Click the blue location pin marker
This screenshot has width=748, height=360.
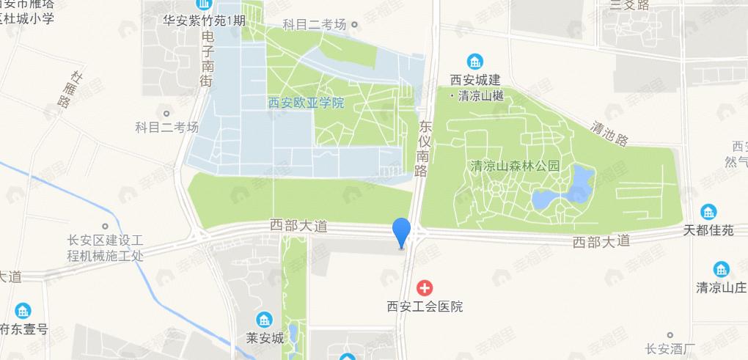(x=401, y=232)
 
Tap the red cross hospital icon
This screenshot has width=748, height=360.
(x=425, y=288)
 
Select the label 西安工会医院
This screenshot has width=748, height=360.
(x=425, y=306)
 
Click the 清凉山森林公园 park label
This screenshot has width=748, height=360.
(x=515, y=166)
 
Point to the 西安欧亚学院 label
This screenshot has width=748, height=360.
(x=306, y=103)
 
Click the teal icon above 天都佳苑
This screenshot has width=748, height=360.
(x=708, y=213)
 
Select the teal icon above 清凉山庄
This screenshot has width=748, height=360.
(x=721, y=269)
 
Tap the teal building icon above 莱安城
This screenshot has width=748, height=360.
(x=264, y=320)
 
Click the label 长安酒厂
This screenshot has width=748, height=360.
(x=669, y=350)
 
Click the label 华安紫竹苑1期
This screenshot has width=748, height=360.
(x=204, y=22)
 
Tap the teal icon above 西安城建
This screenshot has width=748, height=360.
(x=475, y=62)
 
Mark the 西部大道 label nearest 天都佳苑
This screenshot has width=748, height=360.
(x=601, y=240)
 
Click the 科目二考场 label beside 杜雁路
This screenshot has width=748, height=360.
(x=166, y=128)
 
